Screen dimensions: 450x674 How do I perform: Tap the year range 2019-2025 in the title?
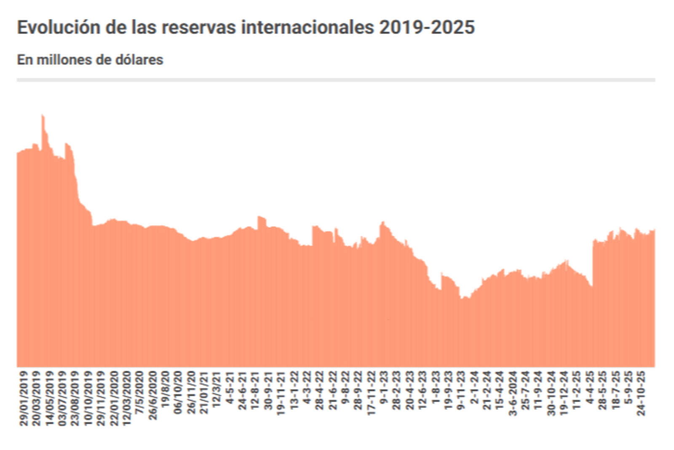click(x=427, y=27)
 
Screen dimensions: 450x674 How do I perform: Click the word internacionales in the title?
click(x=307, y=27)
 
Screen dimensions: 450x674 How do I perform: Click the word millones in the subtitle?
click(x=64, y=60)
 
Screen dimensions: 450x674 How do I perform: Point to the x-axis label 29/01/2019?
click(x=24, y=398)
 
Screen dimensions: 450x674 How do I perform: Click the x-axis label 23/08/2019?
click(x=75, y=398)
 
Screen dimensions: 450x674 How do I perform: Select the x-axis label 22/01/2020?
click(x=114, y=398)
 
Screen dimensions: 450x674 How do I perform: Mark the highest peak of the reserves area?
click(x=43, y=116)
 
